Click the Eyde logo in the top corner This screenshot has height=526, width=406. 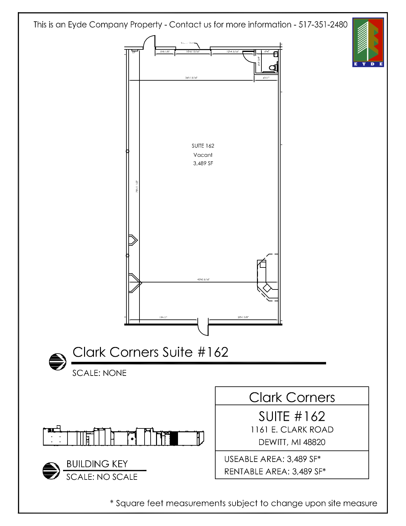[368, 42]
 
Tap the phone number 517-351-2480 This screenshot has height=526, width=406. [323, 25]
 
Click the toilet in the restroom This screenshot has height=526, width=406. [273, 68]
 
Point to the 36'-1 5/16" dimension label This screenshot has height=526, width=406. [191, 77]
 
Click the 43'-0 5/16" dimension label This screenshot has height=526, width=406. [203, 280]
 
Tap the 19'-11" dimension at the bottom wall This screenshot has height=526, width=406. [163, 317]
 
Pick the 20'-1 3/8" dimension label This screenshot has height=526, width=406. [243, 317]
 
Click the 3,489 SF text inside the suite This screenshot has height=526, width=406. [203, 164]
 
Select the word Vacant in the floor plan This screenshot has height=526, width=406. [203, 155]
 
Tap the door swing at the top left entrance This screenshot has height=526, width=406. [149, 42]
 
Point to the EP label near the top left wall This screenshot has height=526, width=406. [134, 52]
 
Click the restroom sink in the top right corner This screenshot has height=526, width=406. [276, 54]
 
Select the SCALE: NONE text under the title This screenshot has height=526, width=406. [99, 373]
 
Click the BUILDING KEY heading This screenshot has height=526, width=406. [97, 464]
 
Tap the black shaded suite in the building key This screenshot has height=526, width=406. [174, 438]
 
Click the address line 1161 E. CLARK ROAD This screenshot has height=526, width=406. [292, 430]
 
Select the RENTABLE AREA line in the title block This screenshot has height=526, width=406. [275, 471]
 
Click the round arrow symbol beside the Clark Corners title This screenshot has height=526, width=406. [58, 362]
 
